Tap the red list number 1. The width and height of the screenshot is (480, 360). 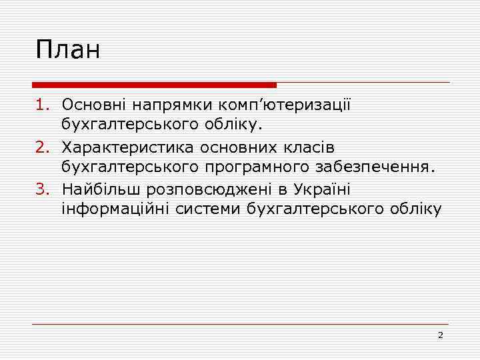tap(41, 105)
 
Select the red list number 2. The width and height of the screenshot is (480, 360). tap(41, 146)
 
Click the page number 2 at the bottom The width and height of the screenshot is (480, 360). tap(440, 335)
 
